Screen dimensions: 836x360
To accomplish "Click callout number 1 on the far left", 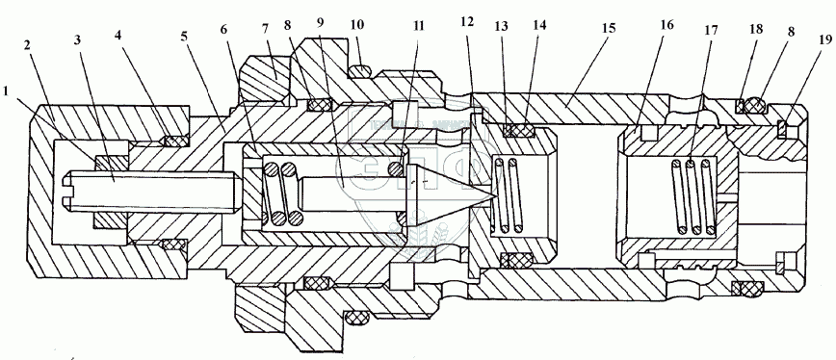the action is tap(7, 91).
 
